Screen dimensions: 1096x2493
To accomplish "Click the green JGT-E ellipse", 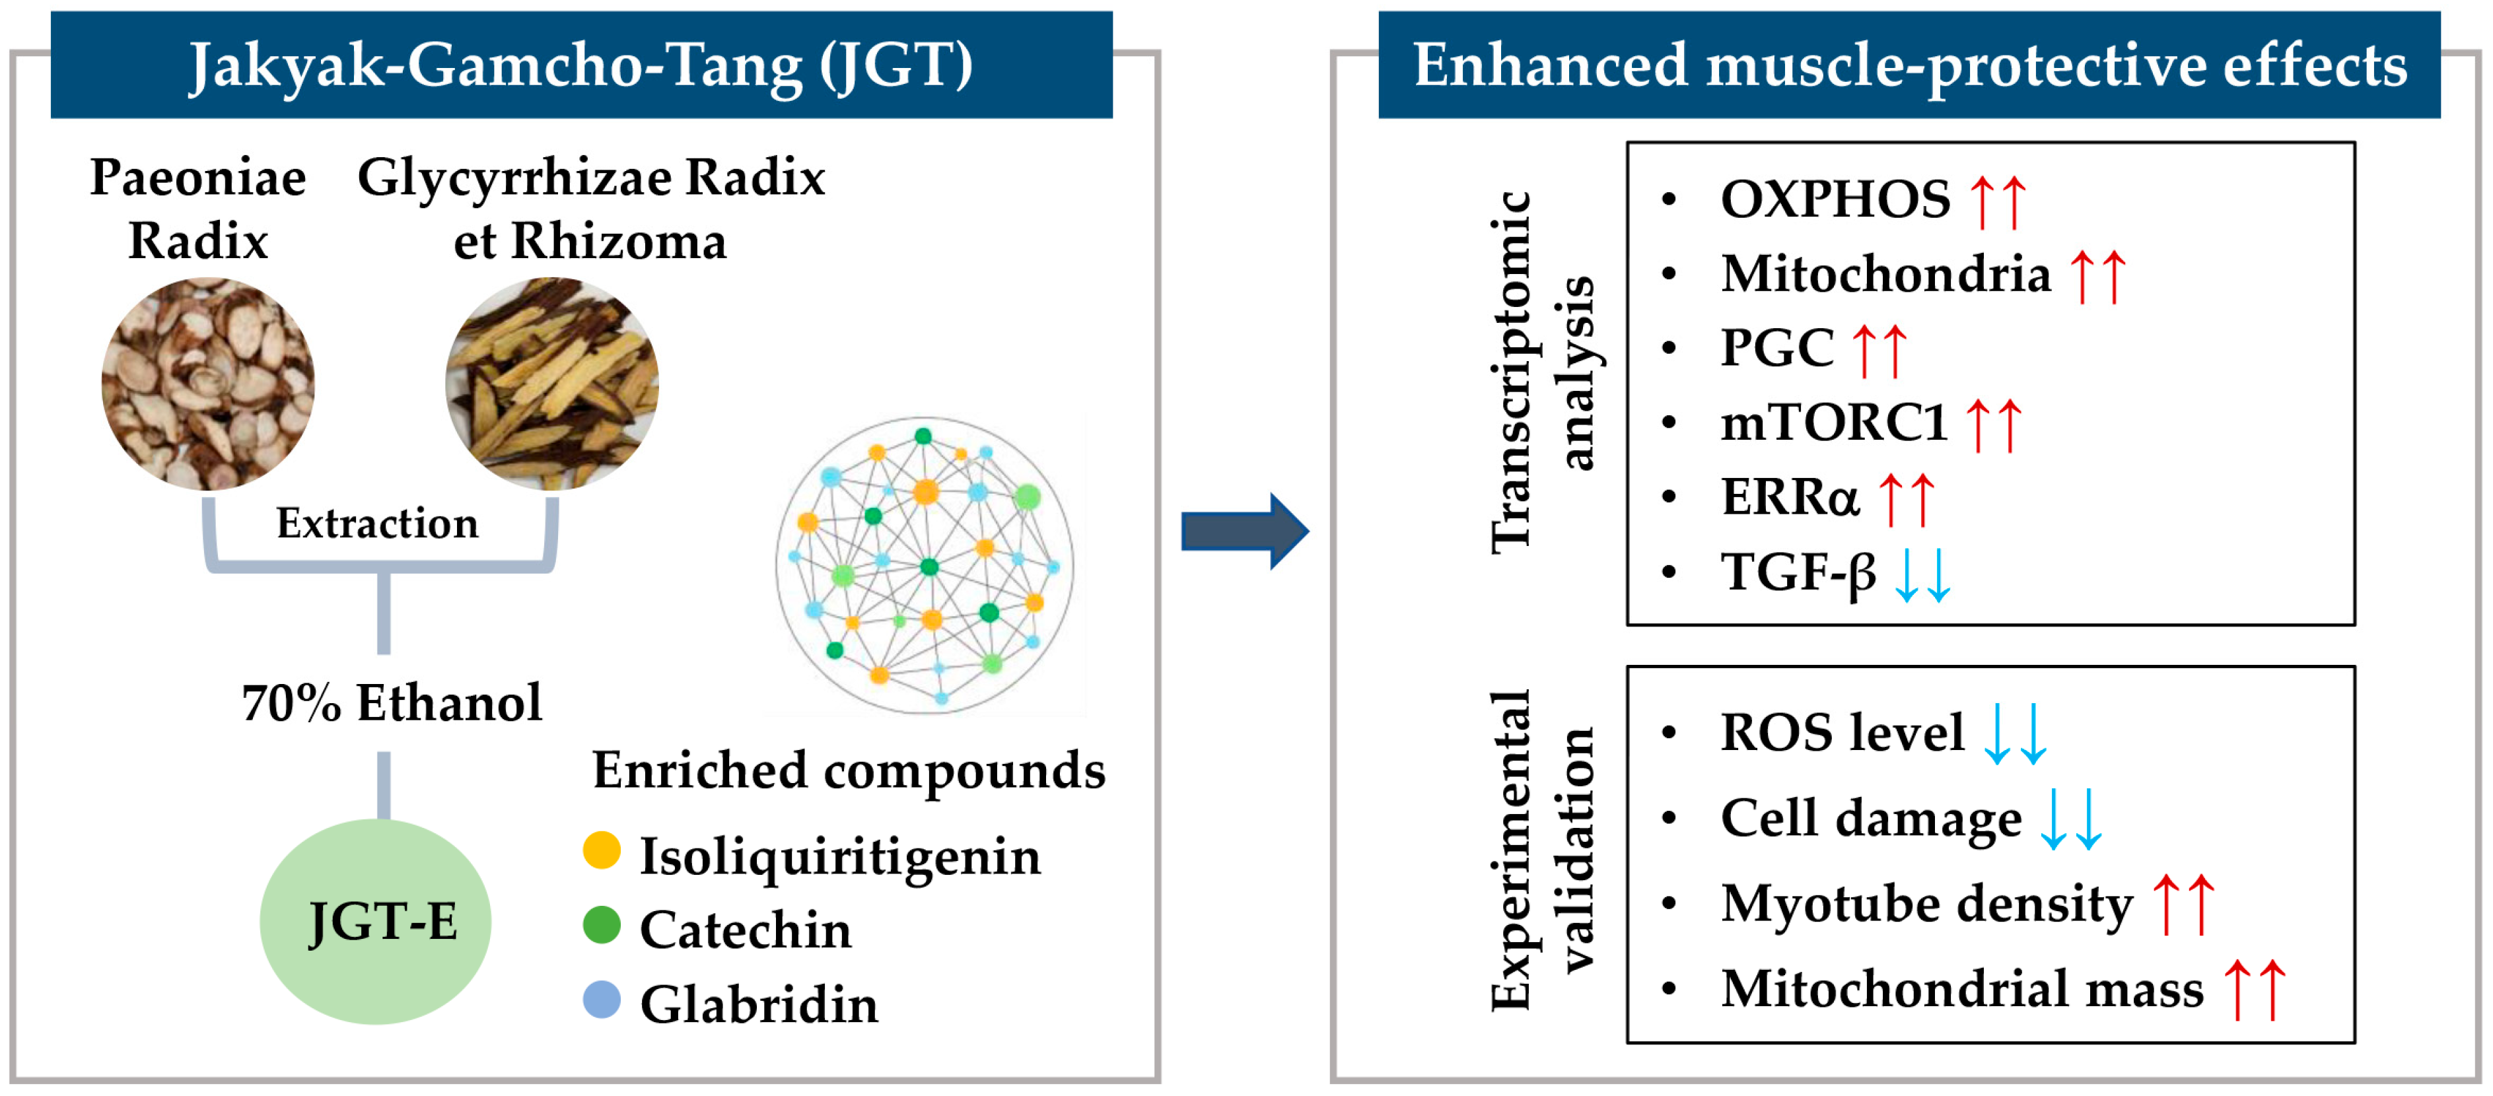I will (376, 921).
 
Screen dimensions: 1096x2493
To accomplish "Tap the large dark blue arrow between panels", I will (1244, 531).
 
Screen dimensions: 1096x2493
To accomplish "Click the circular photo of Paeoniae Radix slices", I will (208, 384).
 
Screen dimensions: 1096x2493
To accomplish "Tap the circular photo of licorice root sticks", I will (551, 384).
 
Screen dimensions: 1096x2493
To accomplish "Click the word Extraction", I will (378, 524).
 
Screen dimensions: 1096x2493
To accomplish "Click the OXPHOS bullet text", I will (1835, 199).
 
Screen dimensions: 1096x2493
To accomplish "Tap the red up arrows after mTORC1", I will (1994, 425).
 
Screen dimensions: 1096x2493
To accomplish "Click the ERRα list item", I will (1790, 497).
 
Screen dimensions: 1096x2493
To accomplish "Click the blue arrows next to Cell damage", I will (2071, 819).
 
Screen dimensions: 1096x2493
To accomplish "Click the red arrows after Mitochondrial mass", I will (2254, 990).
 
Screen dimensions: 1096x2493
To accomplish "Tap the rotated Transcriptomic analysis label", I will (1543, 372).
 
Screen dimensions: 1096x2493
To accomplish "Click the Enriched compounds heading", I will (849, 771).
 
